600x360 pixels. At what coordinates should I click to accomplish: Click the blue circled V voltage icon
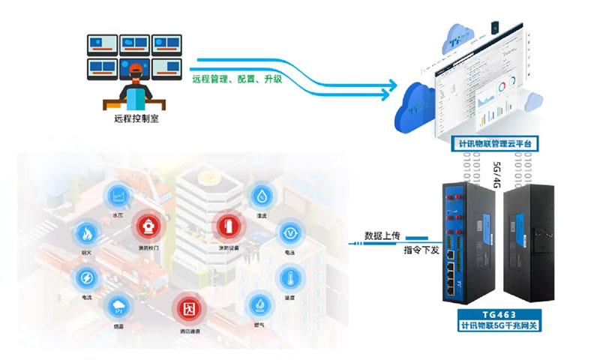(289, 233)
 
